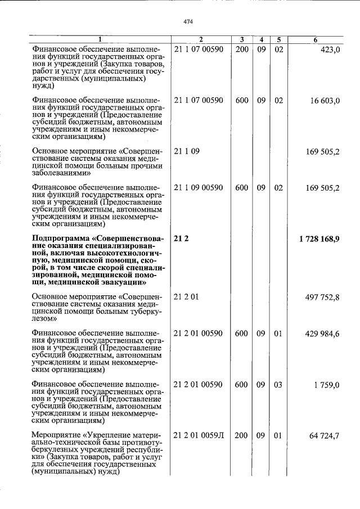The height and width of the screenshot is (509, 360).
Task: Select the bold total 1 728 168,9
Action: pyautogui.click(x=319, y=240)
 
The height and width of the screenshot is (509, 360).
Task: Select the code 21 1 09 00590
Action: pyautogui.click(x=199, y=188)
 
